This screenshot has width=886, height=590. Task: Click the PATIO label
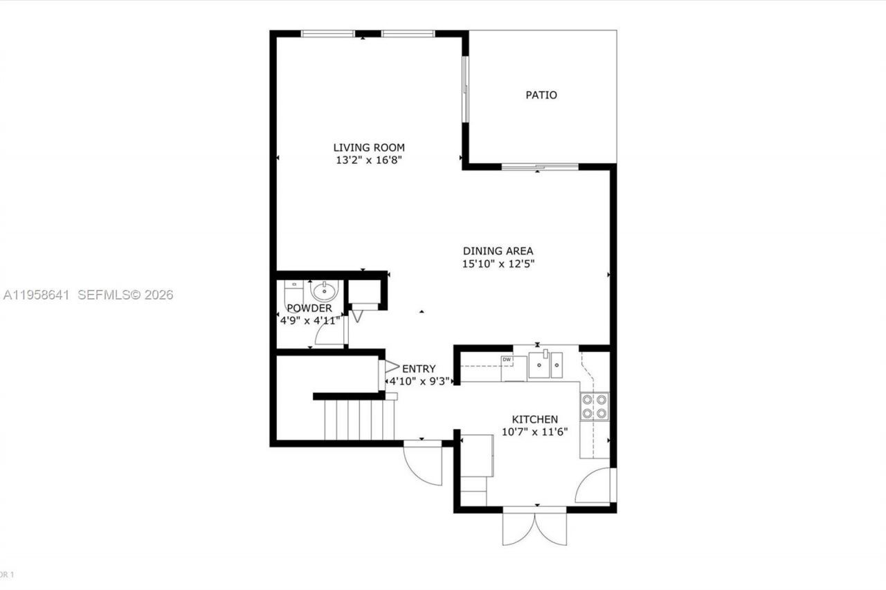tap(541, 95)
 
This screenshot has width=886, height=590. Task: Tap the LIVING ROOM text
tap(369, 147)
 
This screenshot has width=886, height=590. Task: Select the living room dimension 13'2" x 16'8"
tap(369, 160)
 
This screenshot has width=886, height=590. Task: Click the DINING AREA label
tap(498, 251)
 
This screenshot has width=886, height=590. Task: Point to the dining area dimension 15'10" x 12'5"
tap(498, 264)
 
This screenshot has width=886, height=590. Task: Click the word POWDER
tap(309, 308)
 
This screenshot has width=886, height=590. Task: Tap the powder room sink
tap(324, 291)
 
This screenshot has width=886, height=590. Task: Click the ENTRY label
tap(419, 369)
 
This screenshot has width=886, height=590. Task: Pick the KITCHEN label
tap(534, 419)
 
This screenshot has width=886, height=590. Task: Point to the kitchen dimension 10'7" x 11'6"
tap(534, 432)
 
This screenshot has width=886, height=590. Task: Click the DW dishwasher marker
tap(507, 360)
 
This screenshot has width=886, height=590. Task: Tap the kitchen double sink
tap(545, 365)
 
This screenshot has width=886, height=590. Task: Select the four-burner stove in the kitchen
tap(595, 406)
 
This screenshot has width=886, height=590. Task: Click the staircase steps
tap(359, 420)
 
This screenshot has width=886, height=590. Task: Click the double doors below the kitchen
tap(534, 527)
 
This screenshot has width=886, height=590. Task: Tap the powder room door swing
tap(330, 335)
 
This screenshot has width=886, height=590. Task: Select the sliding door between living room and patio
tap(466, 89)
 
